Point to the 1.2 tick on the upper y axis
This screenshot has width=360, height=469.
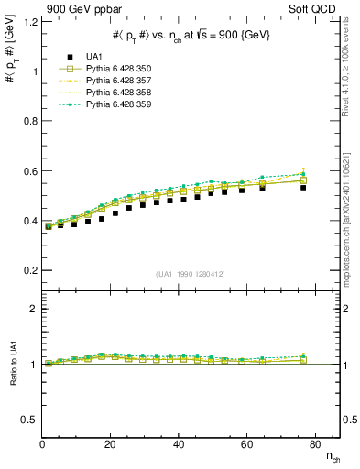pyautogui.click(x=30, y=21)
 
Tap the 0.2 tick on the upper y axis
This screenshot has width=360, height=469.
pyautogui.click(x=30, y=271)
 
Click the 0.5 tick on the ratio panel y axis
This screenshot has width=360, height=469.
pyautogui.click(x=30, y=420)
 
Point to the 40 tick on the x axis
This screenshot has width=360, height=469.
pyautogui.click(x=180, y=445)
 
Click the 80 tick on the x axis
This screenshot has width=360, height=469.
pyautogui.click(x=316, y=445)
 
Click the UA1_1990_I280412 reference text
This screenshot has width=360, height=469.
pyautogui.click(x=191, y=274)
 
